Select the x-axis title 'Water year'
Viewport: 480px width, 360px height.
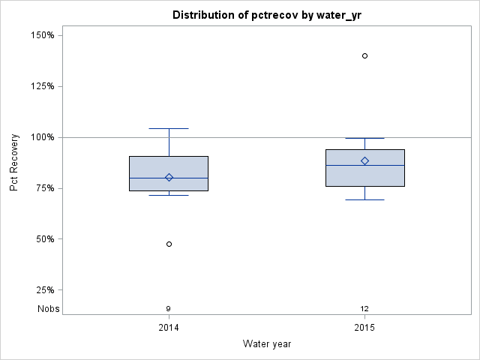(x=267, y=343)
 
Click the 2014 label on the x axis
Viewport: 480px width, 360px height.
(x=169, y=328)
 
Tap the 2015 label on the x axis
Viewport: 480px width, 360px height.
(x=364, y=328)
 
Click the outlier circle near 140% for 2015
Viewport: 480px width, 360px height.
(x=365, y=55)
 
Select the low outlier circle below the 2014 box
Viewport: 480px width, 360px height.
(x=169, y=244)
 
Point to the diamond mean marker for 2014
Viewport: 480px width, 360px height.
(x=169, y=178)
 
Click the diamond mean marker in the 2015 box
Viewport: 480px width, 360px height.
(x=365, y=160)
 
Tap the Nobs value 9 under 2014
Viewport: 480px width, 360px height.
(x=169, y=308)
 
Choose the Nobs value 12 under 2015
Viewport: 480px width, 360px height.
(x=364, y=308)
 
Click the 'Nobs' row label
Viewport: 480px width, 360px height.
(x=49, y=308)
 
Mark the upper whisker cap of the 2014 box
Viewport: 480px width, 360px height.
(x=169, y=128)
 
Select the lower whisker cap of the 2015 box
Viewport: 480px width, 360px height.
(x=365, y=199)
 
